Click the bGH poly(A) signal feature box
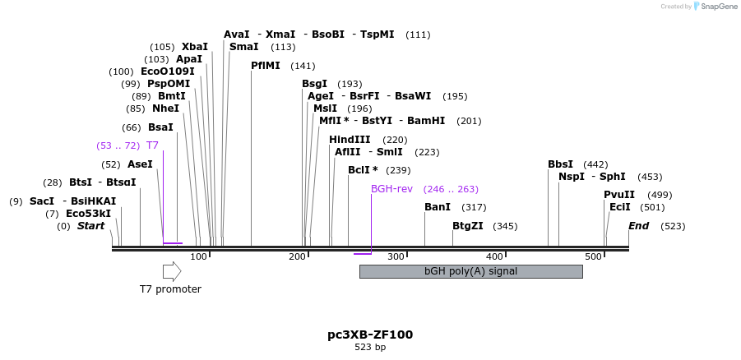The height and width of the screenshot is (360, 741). pyautogui.click(x=470, y=271)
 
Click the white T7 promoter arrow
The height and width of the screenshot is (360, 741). pyautogui.click(x=171, y=271)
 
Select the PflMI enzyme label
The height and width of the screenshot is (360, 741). pyautogui.click(x=266, y=66)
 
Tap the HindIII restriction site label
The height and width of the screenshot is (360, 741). pyautogui.click(x=350, y=140)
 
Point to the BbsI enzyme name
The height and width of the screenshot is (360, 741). pyautogui.click(x=560, y=164)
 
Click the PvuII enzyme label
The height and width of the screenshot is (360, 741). pyautogui.click(x=619, y=195)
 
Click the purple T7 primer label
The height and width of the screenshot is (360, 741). pyautogui.click(x=152, y=145)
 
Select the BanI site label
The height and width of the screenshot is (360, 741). pyautogui.click(x=438, y=207)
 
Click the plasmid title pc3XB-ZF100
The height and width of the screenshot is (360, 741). pyautogui.click(x=370, y=335)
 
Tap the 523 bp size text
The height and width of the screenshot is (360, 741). pyautogui.click(x=370, y=348)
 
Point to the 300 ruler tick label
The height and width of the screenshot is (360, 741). pyautogui.click(x=396, y=257)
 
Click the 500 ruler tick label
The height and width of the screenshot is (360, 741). pyautogui.click(x=593, y=257)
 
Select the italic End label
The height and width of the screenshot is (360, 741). pyautogui.click(x=638, y=226)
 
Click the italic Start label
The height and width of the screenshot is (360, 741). pyautogui.click(x=90, y=226)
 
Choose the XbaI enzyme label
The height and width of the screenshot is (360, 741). pyautogui.click(x=195, y=47)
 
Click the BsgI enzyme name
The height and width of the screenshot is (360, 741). pyautogui.click(x=314, y=84)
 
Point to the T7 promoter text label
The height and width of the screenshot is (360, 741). pyautogui.click(x=170, y=289)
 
